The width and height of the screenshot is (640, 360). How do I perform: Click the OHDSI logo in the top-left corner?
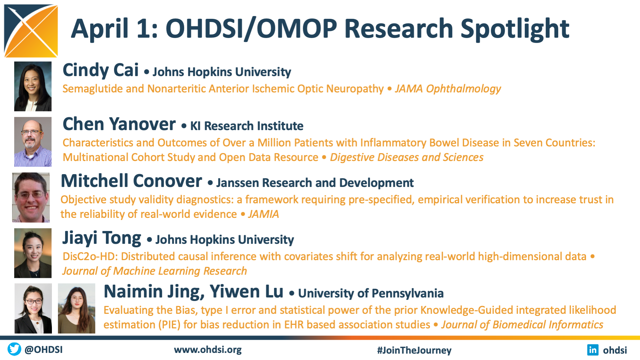pyautogui.click(x=31, y=31)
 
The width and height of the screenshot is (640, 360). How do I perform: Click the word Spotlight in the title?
pyautogui.click(x=515, y=29)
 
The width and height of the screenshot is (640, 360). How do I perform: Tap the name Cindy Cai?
pyautogui.click(x=101, y=70)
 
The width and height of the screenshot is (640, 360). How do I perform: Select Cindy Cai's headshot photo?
pyautogui.click(x=33, y=86)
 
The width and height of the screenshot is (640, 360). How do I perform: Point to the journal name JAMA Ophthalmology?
pyautogui.click(x=448, y=89)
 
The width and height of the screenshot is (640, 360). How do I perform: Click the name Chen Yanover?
pyautogui.click(x=119, y=124)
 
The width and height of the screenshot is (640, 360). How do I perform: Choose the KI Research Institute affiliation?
pyautogui.click(x=247, y=126)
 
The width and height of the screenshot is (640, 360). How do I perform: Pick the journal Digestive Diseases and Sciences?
pyautogui.click(x=407, y=157)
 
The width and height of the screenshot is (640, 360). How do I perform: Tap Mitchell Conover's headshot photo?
pyautogui.click(x=31, y=198)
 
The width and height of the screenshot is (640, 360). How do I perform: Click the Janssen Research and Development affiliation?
pyautogui.click(x=315, y=183)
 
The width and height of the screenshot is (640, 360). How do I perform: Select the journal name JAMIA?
pyautogui.click(x=263, y=214)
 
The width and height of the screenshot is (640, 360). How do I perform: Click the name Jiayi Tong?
pyautogui.click(x=102, y=238)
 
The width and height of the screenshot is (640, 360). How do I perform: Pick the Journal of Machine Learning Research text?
pyautogui.click(x=155, y=271)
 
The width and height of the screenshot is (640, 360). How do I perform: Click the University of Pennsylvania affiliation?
pyautogui.click(x=371, y=294)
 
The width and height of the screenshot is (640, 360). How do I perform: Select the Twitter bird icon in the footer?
pyautogui.click(x=14, y=349)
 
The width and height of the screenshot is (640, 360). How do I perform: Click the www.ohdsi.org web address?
pyautogui.click(x=208, y=350)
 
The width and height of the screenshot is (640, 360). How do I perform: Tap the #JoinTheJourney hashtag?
pyautogui.click(x=414, y=350)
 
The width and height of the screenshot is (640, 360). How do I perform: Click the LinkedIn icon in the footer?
pyautogui.click(x=593, y=350)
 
